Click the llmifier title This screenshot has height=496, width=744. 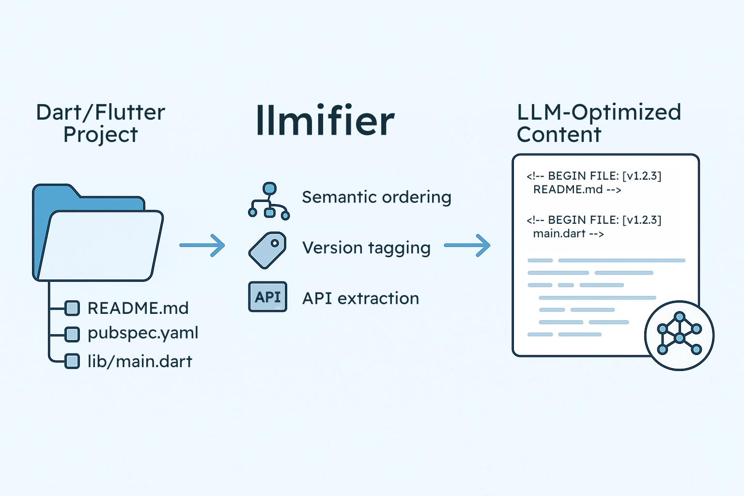tap(325, 120)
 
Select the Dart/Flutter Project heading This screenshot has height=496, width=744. tap(101, 123)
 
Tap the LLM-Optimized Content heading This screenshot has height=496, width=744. tap(599, 123)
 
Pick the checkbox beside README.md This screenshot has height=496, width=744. tap(72, 308)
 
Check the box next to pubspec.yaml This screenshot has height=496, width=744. tap(72, 334)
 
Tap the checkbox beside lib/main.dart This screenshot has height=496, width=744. tap(72, 361)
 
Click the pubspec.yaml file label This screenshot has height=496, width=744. tap(143, 333)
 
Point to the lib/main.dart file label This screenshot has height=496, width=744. tap(139, 361)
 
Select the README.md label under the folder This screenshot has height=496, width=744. tap(138, 308)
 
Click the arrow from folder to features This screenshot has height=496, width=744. tap(202, 246)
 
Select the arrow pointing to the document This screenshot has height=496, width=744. tap(467, 246)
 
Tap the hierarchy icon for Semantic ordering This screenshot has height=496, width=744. tap(269, 201)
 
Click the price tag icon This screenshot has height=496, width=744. tap(267, 250)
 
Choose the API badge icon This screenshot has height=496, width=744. tap(268, 296)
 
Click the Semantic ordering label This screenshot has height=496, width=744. tap(376, 197)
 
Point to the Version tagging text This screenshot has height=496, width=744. tap(366, 248)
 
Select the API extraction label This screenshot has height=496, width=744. tap(360, 298)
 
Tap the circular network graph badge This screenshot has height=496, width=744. tap(679, 335)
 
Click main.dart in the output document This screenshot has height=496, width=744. tap(559, 233)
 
